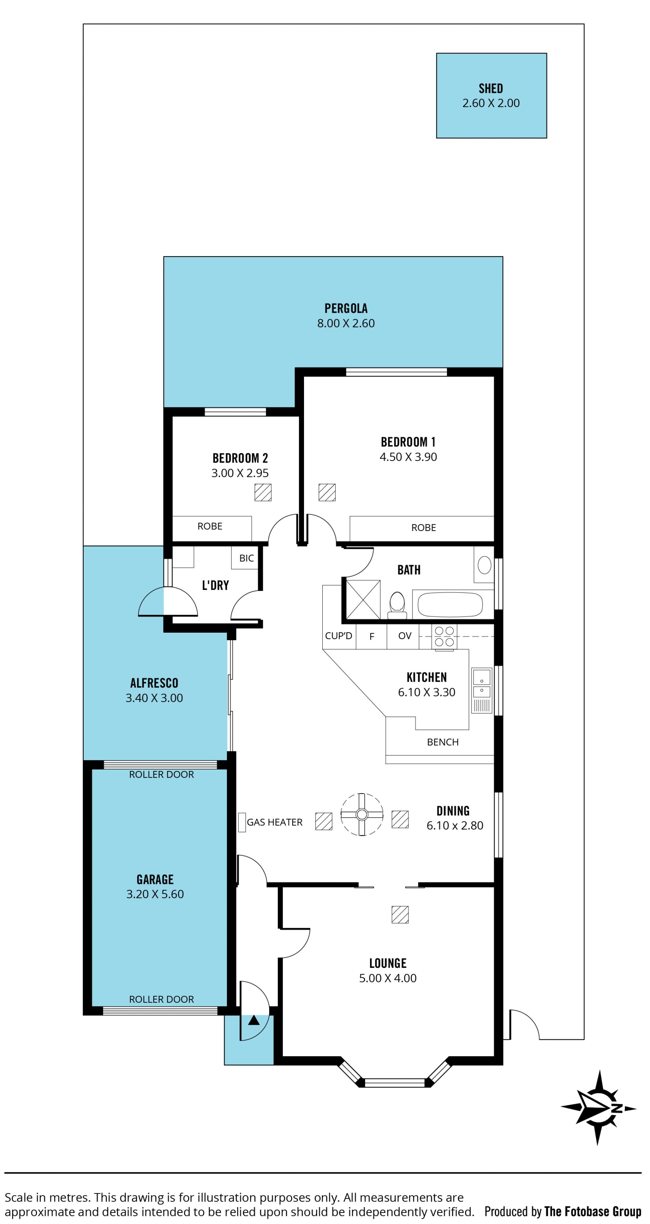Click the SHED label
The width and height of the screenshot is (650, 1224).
[x=491, y=88]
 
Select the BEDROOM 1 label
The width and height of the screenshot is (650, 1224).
[x=408, y=442]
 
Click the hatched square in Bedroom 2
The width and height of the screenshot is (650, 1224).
[x=263, y=492]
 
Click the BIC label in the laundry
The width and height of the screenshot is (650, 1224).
[x=246, y=558]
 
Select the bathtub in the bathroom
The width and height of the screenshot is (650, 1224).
[x=450, y=605]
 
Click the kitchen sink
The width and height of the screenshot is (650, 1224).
[x=481, y=690]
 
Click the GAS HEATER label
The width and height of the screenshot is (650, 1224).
[x=275, y=822]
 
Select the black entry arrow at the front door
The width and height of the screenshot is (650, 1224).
[x=254, y=1020]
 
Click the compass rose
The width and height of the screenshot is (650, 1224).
[x=598, y=1108]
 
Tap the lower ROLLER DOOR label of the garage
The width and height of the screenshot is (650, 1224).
[x=161, y=999]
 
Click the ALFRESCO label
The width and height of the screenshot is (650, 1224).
[x=154, y=683]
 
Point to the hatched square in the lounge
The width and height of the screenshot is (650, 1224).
[x=400, y=915]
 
